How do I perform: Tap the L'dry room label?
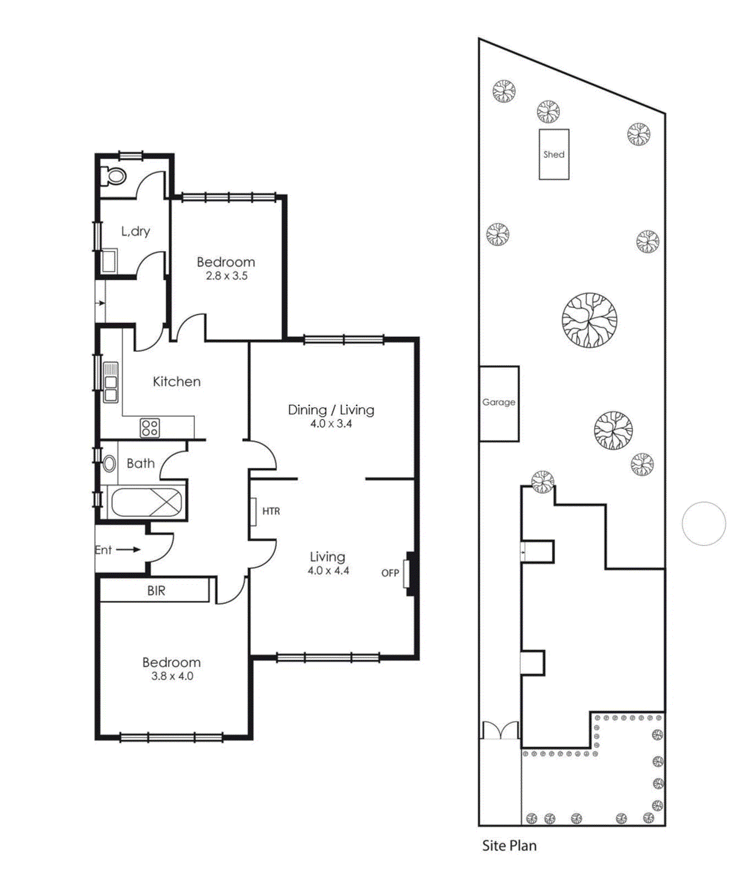pyautogui.click(x=135, y=231)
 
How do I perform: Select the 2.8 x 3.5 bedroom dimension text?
pyautogui.click(x=226, y=276)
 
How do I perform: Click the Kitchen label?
pyautogui.click(x=176, y=382)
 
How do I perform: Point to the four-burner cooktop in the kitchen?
pyautogui.click(x=150, y=428)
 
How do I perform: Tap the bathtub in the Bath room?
pyautogui.click(x=146, y=502)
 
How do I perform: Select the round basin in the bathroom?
pyautogui.click(x=109, y=464)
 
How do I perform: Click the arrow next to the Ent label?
pyautogui.click(x=128, y=550)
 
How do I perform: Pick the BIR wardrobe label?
pyautogui.click(x=156, y=591)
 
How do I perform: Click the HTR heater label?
pyautogui.click(x=271, y=512)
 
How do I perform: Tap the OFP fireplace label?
pyautogui.click(x=390, y=573)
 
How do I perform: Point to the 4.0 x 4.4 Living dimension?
pyautogui.click(x=328, y=571)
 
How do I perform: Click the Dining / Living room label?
pyautogui.click(x=331, y=410)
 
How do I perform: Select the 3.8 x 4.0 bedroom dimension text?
pyautogui.click(x=172, y=676)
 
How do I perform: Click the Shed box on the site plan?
pyautogui.click(x=554, y=155)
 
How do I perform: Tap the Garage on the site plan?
pyautogui.click(x=499, y=403)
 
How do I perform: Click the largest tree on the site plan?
pyautogui.click(x=589, y=320)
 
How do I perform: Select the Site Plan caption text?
pyautogui.click(x=509, y=846)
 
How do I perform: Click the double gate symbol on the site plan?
pyautogui.click(x=500, y=731)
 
